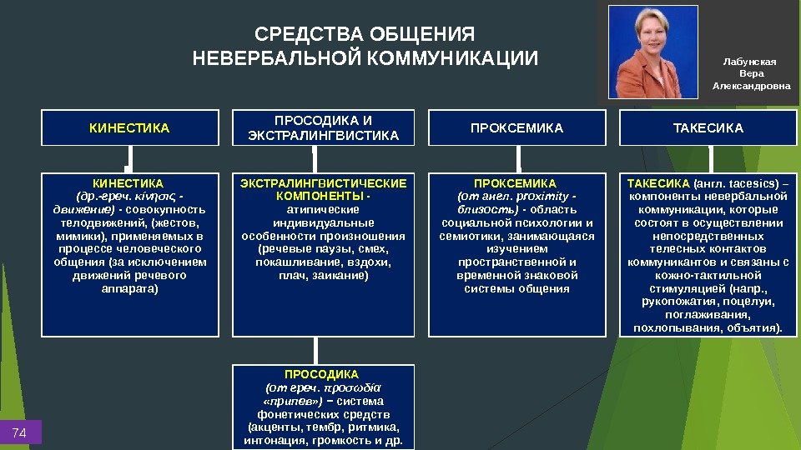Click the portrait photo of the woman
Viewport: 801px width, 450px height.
pyautogui.click(x=653, y=52)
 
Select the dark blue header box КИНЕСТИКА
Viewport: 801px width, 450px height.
pyautogui.click(x=129, y=128)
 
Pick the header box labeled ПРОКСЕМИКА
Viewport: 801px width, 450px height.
pyautogui.click(x=517, y=128)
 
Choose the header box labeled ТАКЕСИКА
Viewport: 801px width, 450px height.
pyautogui.click(x=708, y=128)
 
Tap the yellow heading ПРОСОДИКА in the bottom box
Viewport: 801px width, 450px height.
pyautogui.click(x=322, y=374)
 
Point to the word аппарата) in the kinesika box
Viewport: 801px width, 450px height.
pyautogui.click(x=129, y=289)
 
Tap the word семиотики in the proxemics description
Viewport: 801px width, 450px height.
pyautogui.click(x=469, y=236)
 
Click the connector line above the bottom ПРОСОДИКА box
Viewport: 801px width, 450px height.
pyautogui.click(x=315, y=349)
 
